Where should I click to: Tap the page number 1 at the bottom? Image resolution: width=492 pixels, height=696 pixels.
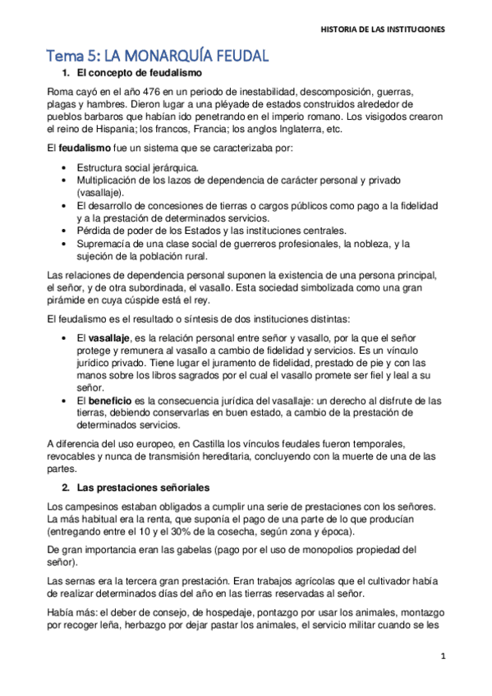click(x=443, y=657)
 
